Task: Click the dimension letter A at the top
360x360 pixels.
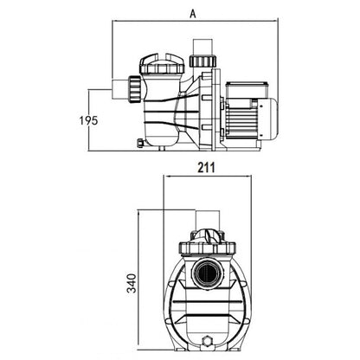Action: pyautogui.click(x=193, y=13)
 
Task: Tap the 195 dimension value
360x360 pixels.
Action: pyautogui.click(x=89, y=120)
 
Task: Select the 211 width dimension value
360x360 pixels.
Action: pyautogui.click(x=207, y=167)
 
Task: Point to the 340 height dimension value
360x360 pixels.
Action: pyautogui.click(x=132, y=284)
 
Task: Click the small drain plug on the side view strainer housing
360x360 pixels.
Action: pyautogui.click(x=140, y=143)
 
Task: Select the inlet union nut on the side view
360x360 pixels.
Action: pyautogui.click(x=134, y=89)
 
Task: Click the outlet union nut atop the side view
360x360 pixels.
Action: pyautogui.click(x=202, y=61)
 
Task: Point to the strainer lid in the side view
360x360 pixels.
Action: pyautogui.click(x=162, y=63)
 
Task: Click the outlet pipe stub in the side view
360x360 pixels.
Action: pyautogui.click(x=202, y=47)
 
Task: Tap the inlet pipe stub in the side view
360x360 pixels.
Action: pyautogui.click(x=119, y=89)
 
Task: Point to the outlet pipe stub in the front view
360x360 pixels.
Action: pyautogui.click(x=207, y=222)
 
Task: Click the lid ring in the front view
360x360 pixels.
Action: pyautogui.click(x=208, y=248)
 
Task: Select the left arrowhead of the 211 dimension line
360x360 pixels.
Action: pyautogui.click(x=166, y=176)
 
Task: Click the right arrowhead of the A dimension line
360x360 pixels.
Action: pyautogui.click(x=275, y=21)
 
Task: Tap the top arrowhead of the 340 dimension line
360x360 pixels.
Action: pyautogui.click(x=138, y=214)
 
